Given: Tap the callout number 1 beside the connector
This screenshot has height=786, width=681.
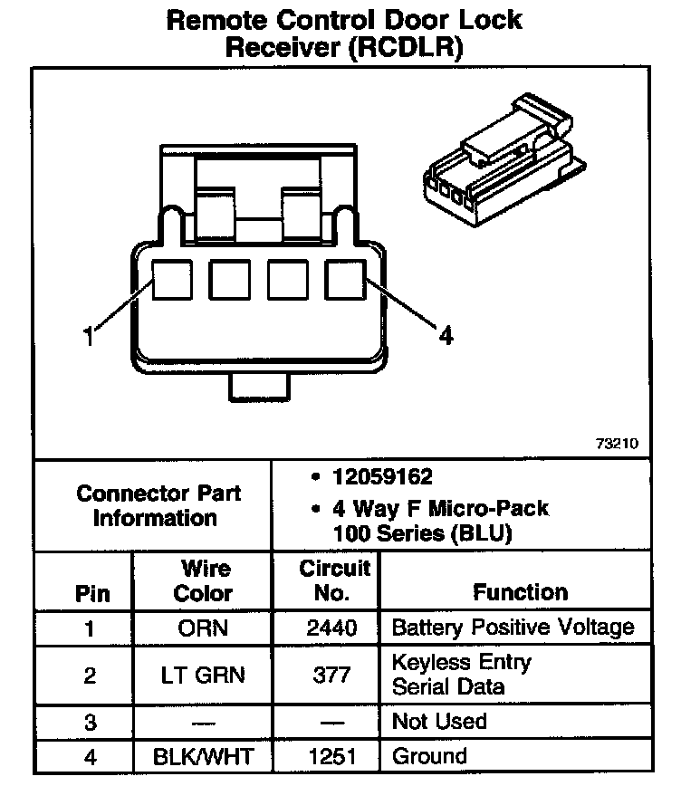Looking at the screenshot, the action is (88, 337).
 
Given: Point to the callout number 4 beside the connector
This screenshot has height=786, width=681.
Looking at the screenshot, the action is (445, 336).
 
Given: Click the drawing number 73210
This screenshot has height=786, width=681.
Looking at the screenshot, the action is (617, 444).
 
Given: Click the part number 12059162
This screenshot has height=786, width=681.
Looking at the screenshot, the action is (380, 477).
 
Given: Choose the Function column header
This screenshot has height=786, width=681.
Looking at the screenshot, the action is (520, 592).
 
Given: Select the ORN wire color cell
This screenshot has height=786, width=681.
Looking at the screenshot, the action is (203, 628).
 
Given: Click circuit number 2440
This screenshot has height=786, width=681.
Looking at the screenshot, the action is (333, 628).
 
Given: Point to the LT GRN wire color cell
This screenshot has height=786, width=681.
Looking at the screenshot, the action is (203, 675).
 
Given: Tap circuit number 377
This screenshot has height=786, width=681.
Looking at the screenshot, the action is (333, 675).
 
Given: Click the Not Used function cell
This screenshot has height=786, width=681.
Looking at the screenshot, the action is (439, 722).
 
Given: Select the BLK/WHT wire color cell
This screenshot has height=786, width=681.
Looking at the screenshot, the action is (203, 756).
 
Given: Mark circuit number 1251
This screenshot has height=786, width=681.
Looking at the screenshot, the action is (333, 756).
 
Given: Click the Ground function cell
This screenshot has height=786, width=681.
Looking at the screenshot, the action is (429, 756).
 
